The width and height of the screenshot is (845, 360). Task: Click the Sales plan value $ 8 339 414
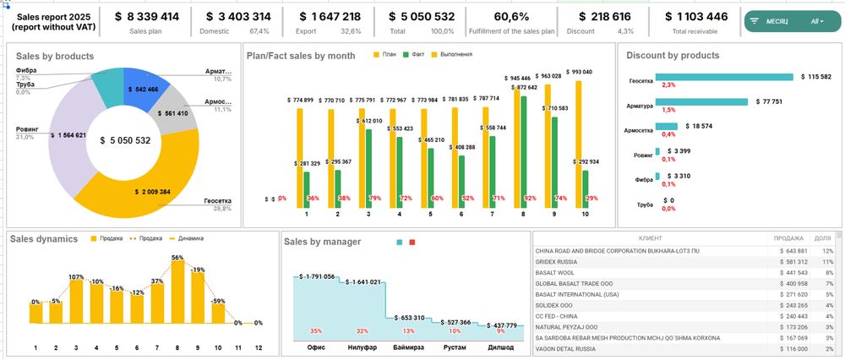(146, 16)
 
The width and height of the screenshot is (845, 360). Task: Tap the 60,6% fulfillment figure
(511, 16)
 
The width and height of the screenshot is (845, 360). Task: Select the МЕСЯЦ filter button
(775, 20)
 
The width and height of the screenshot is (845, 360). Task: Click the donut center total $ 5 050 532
(124, 141)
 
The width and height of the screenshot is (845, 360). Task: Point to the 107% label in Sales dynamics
(75, 276)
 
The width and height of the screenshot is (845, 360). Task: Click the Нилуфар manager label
(363, 346)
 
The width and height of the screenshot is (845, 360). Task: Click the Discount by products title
(673, 55)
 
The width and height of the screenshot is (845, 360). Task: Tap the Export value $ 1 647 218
(329, 16)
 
